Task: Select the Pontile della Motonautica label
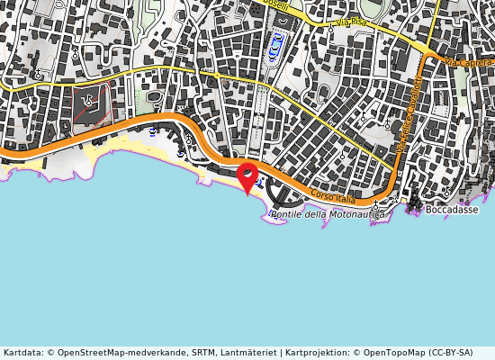pos(327,215)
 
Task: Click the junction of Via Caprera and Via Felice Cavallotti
pos(425,56)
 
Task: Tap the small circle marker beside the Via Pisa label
pos(331,29)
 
